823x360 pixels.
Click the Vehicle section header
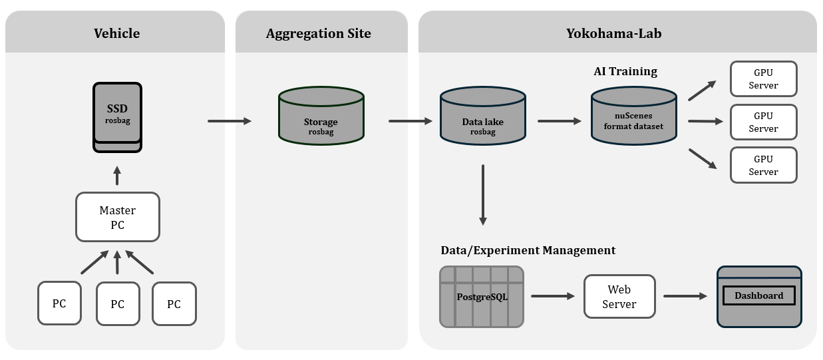click(x=116, y=33)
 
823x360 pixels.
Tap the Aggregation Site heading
click(x=318, y=33)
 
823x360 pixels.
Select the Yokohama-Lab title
click(x=613, y=33)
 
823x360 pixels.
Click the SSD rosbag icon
click(x=117, y=114)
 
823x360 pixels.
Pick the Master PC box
click(x=117, y=217)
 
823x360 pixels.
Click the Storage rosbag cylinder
click(x=321, y=117)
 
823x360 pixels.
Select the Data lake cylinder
click(x=482, y=117)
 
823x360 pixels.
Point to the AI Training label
click(x=625, y=71)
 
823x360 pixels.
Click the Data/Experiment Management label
click(x=528, y=250)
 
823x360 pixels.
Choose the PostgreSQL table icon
click(x=481, y=297)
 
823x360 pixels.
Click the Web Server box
click(x=619, y=297)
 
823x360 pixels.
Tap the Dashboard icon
click(x=758, y=297)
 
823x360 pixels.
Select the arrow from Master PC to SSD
click(x=117, y=176)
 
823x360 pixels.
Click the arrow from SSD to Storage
click(x=230, y=121)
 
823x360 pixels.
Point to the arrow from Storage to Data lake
click(x=411, y=121)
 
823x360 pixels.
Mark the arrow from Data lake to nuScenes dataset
click(x=560, y=121)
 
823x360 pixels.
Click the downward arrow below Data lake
click(x=482, y=194)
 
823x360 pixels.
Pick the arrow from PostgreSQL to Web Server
click(x=553, y=296)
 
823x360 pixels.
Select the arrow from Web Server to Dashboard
click(x=685, y=296)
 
